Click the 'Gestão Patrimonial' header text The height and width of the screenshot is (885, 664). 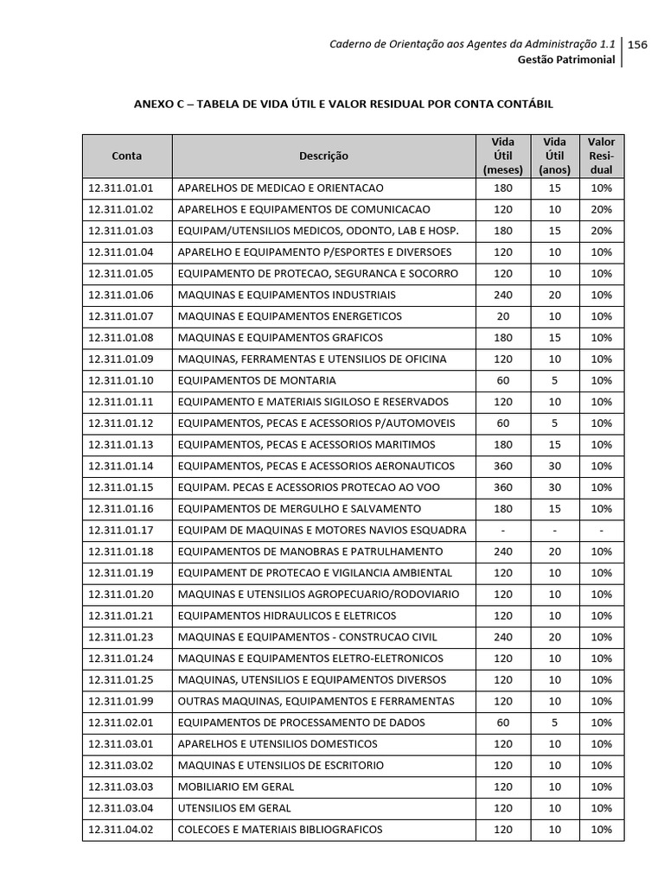pos(566,60)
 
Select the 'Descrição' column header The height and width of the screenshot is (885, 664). pos(323,156)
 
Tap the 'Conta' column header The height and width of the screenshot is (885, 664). pos(127,156)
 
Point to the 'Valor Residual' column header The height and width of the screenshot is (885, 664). pos(601,156)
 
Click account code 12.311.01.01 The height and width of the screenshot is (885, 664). pos(120,188)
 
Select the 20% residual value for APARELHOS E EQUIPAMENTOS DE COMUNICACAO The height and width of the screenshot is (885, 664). pos(601,209)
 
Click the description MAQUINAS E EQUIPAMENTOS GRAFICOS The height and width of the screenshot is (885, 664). pos(280,338)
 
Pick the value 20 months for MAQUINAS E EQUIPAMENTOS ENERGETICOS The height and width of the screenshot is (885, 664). pos(502,316)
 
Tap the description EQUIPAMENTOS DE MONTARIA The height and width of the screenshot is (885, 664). pos(257,380)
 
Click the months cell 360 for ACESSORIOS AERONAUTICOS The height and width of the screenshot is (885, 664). pos(502,466)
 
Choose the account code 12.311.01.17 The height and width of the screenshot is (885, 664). pos(120,530)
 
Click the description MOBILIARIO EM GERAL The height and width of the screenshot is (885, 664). pos(236,786)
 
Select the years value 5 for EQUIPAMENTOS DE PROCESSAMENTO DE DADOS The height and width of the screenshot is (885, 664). pos(554,723)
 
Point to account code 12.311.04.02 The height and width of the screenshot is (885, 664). pos(120,830)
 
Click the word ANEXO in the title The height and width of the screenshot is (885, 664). pos(153,104)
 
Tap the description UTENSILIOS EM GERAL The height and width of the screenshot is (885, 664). pos(234,808)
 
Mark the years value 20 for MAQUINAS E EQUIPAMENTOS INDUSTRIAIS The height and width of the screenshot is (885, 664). pos(554,295)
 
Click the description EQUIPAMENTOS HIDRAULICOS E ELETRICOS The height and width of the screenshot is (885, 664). pos(287,615)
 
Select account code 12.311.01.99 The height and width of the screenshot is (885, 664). pos(120,701)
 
